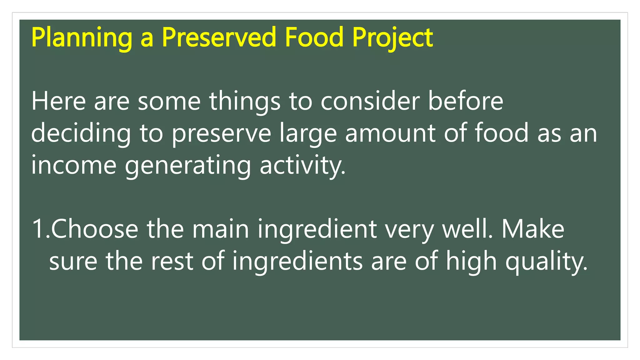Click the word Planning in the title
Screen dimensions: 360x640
tap(82, 38)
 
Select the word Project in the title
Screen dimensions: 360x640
tap(392, 38)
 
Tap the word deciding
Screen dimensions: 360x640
tap(81, 134)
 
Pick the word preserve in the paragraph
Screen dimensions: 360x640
tap(221, 134)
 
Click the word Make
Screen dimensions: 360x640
tap(533, 229)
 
